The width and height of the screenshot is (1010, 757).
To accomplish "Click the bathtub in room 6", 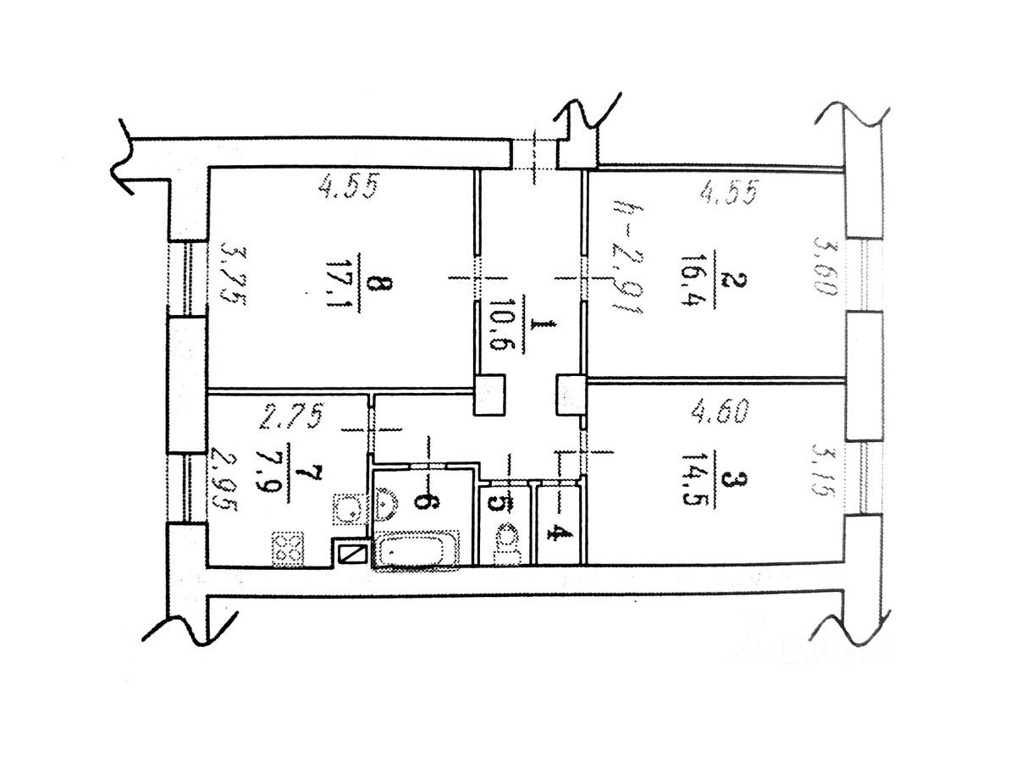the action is pos(416,550).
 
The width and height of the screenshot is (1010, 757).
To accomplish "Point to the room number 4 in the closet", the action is pos(556,533).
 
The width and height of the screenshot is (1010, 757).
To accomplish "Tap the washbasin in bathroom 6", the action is pos(387,502).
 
